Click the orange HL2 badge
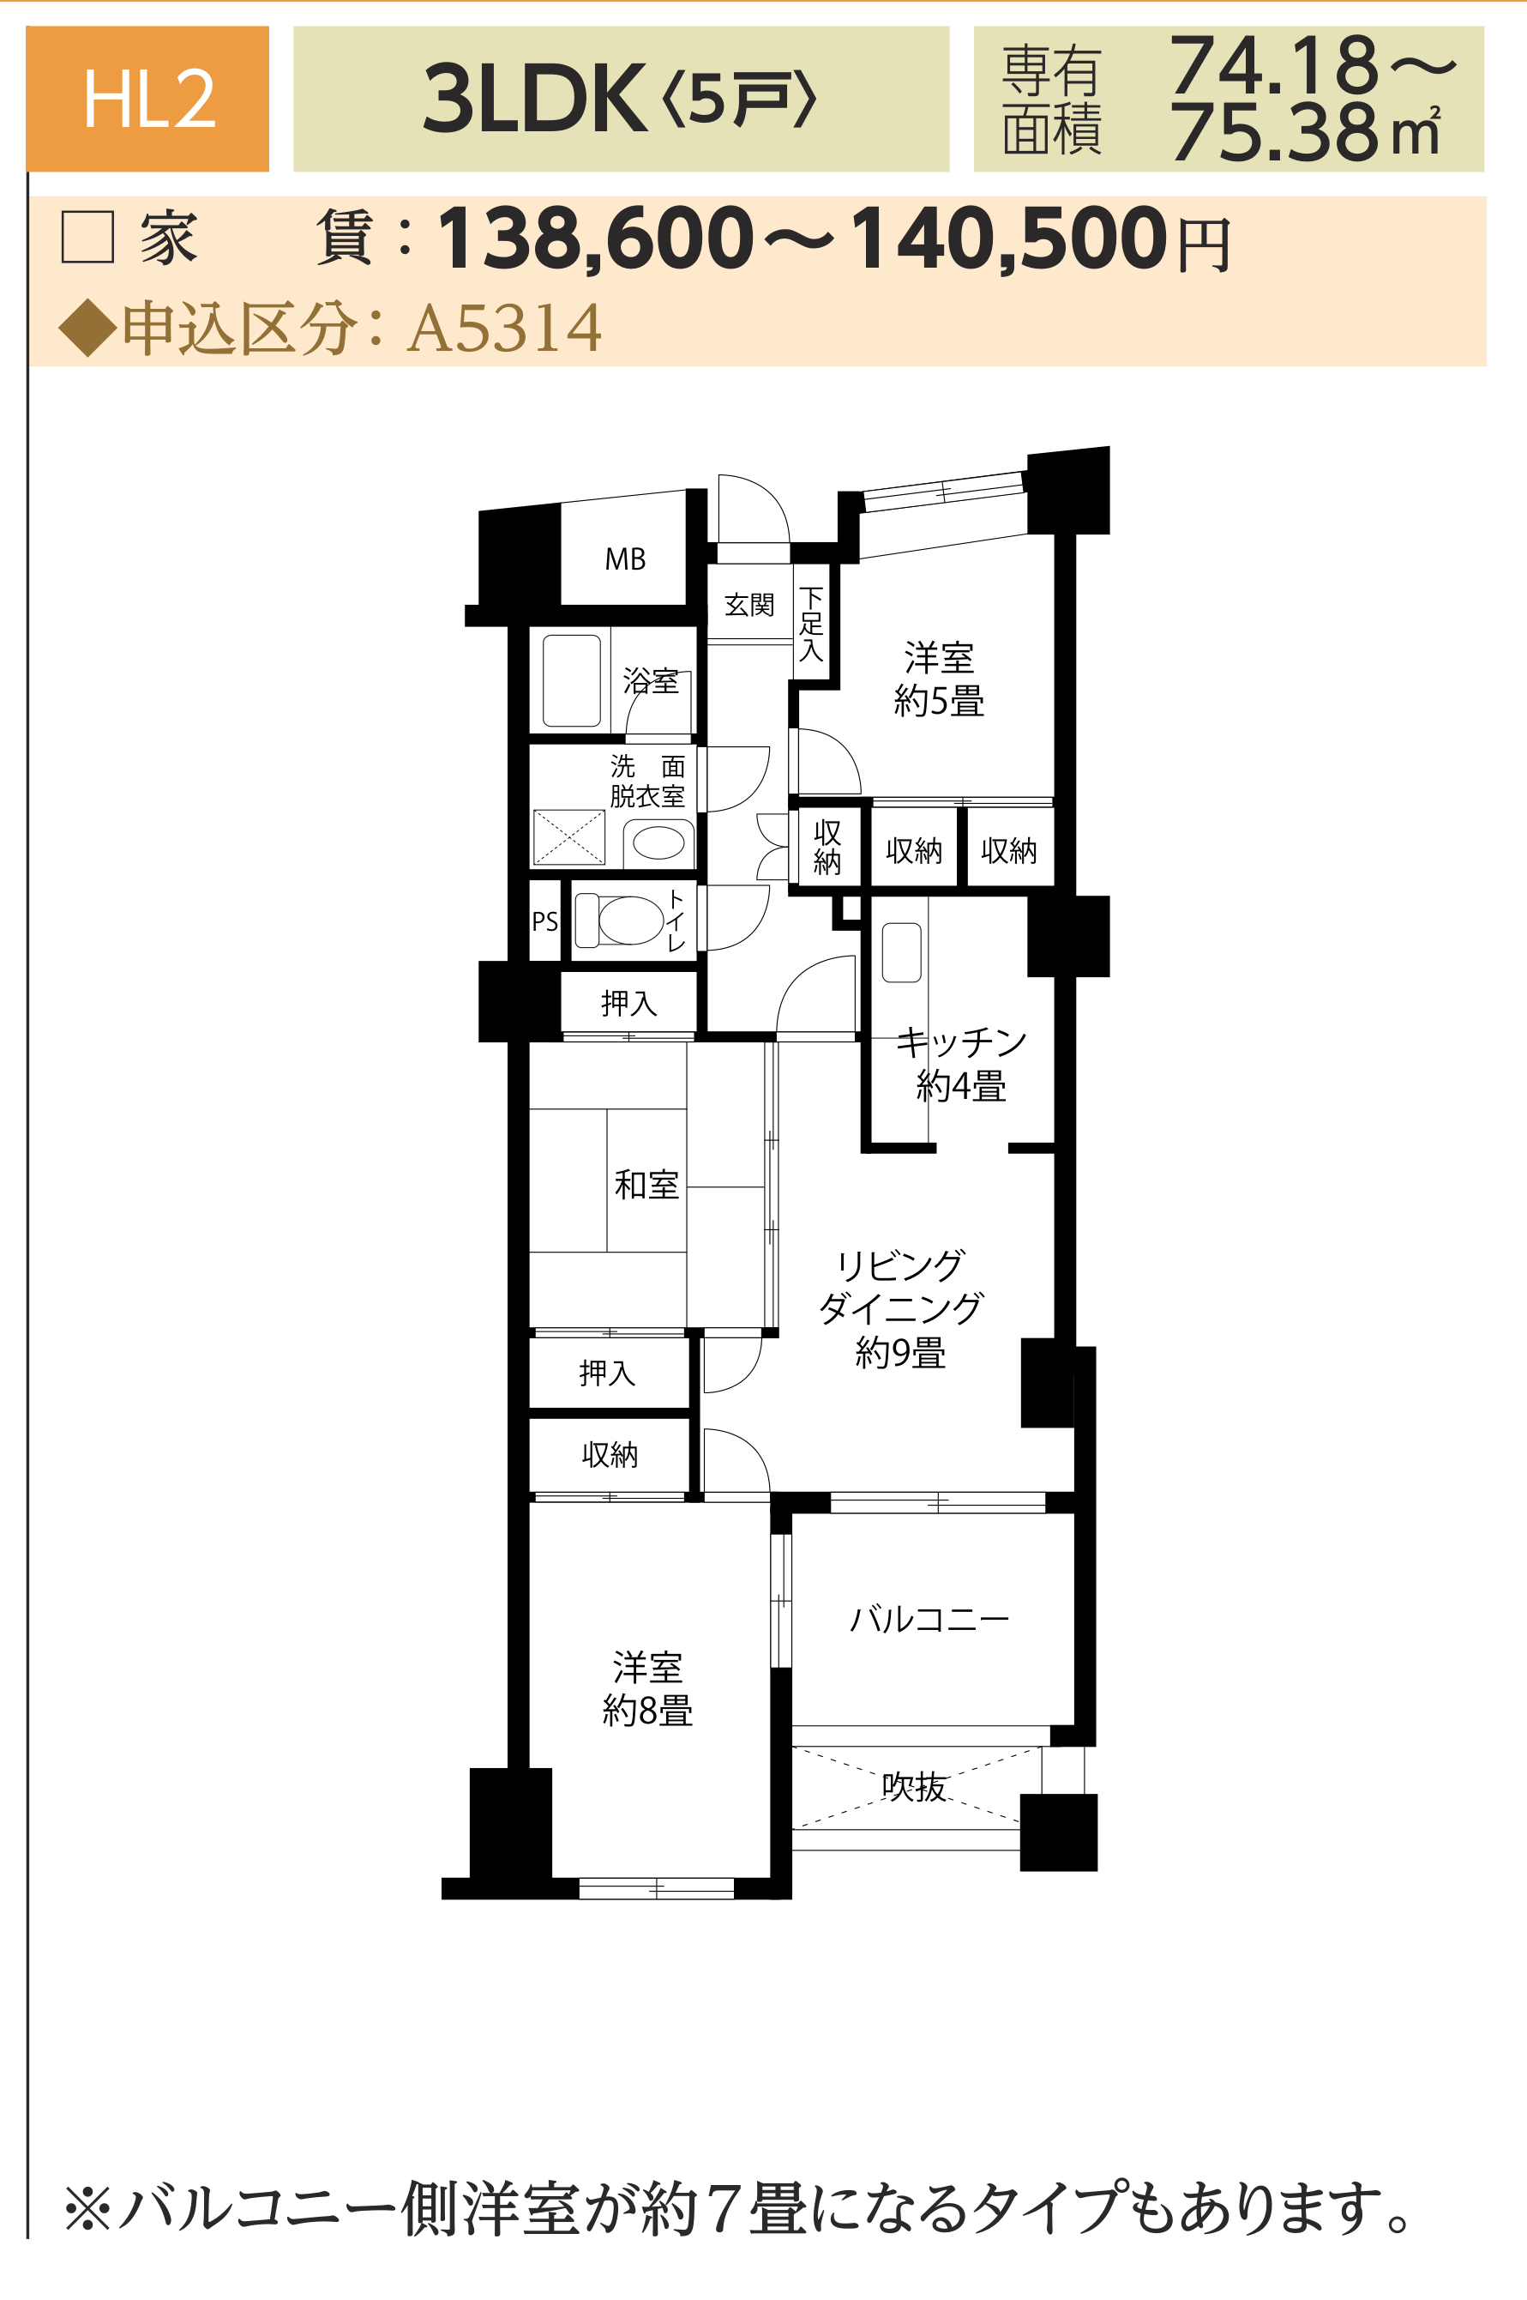point(147,99)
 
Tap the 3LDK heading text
point(533,99)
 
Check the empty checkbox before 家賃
point(87,237)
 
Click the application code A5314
point(504,329)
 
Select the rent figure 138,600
point(596,238)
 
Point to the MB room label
point(625,559)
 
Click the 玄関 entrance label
point(748,605)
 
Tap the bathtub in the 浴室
point(572,681)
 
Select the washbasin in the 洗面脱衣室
point(658,842)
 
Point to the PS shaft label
point(545,921)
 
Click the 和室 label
point(646,1185)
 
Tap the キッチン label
point(961,1042)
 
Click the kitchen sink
point(902,951)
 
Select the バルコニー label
point(929,1619)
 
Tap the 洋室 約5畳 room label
point(940,679)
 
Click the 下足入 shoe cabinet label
point(811,624)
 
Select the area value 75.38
point(1275,132)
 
